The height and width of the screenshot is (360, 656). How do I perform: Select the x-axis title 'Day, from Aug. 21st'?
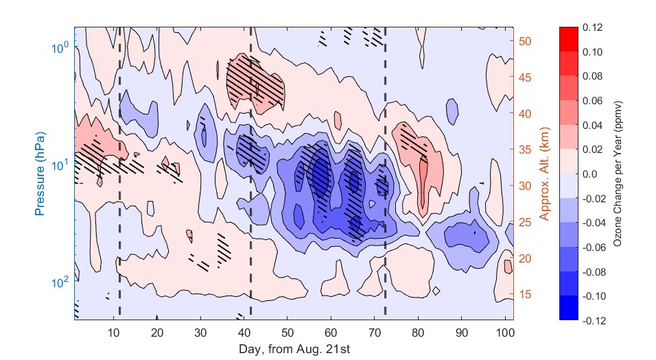(294, 349)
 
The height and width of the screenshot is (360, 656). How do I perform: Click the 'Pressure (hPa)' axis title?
(40, 173)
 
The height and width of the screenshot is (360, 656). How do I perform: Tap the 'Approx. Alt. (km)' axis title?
(544, 173)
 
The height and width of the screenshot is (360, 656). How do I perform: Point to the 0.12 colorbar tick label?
(593, 27)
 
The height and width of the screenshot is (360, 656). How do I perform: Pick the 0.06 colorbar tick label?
(593, 101)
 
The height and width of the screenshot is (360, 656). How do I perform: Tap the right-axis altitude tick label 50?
(526, 40)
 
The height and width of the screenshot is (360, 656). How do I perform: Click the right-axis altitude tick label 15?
(526, 295)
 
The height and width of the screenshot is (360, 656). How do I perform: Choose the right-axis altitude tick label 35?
(526, 149)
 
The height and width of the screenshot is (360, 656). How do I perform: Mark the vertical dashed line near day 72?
(385, 171)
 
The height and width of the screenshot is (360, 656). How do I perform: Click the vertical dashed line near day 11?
(119, 171)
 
